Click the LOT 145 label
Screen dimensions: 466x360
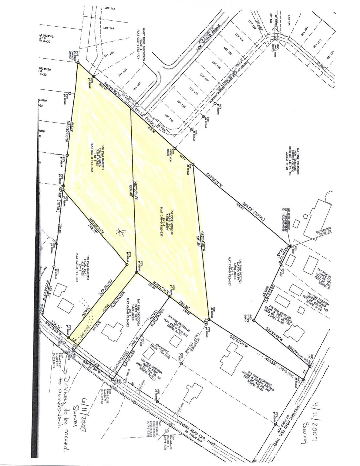click(x=109, y=9)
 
